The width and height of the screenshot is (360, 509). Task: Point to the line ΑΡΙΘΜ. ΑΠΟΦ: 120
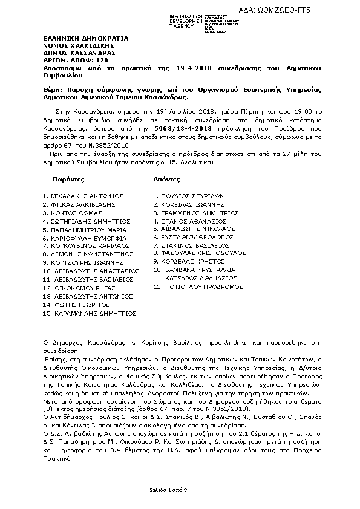(x=67, y=62)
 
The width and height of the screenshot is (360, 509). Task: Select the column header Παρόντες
(x=68, y=180)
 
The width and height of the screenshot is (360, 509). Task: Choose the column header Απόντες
(x=166, y=180)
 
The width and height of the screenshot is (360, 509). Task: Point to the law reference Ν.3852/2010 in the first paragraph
(x=94, y=146)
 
